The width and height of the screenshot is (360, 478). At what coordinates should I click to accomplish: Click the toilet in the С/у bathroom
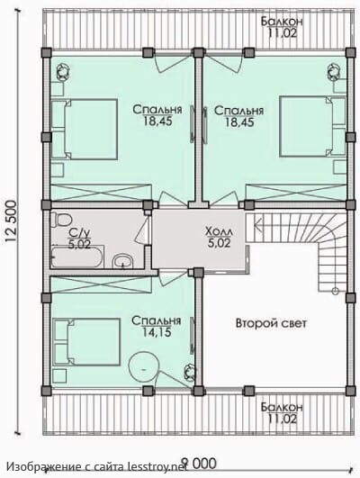pyautogui.click(x=61, y=220)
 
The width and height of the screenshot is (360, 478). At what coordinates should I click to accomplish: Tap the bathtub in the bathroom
pyautogui.click(x=77, y=257)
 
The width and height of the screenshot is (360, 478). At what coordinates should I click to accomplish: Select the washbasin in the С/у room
pyautogui.click(x=122, y=262)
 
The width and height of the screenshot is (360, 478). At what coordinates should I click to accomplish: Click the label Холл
pyautogui.click(x=220, y=231)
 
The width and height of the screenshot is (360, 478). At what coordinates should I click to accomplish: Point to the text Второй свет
pyautogui.click(x=271, y=323)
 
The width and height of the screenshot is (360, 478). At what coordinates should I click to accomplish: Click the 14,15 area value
pyautogui.click(x=157, y=331)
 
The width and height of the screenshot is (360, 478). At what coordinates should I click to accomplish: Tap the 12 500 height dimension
pyautogui.click(x=12, y=221)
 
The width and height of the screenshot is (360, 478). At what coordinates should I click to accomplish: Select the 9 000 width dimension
pyautogui.click(x=199, y=464)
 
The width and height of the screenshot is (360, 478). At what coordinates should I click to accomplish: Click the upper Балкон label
pyautogui.click(x=282, y=22)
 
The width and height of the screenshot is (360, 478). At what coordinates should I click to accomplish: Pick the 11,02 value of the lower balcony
pyautogui.click(x=282, y=419)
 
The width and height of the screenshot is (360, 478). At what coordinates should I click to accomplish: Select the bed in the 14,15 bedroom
pyautogui.click(x=86, y=341)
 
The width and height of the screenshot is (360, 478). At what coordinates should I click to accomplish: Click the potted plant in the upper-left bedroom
pyautogui.click(x=64, y=72)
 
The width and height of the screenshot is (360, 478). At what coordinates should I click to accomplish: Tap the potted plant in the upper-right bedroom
pyautogui.click(x=334, y=72)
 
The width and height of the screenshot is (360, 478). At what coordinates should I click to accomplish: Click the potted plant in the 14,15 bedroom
pyautogui.click(x=190, y=373)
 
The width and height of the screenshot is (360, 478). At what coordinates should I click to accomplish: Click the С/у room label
pyautogui.click(x=79, y=233)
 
